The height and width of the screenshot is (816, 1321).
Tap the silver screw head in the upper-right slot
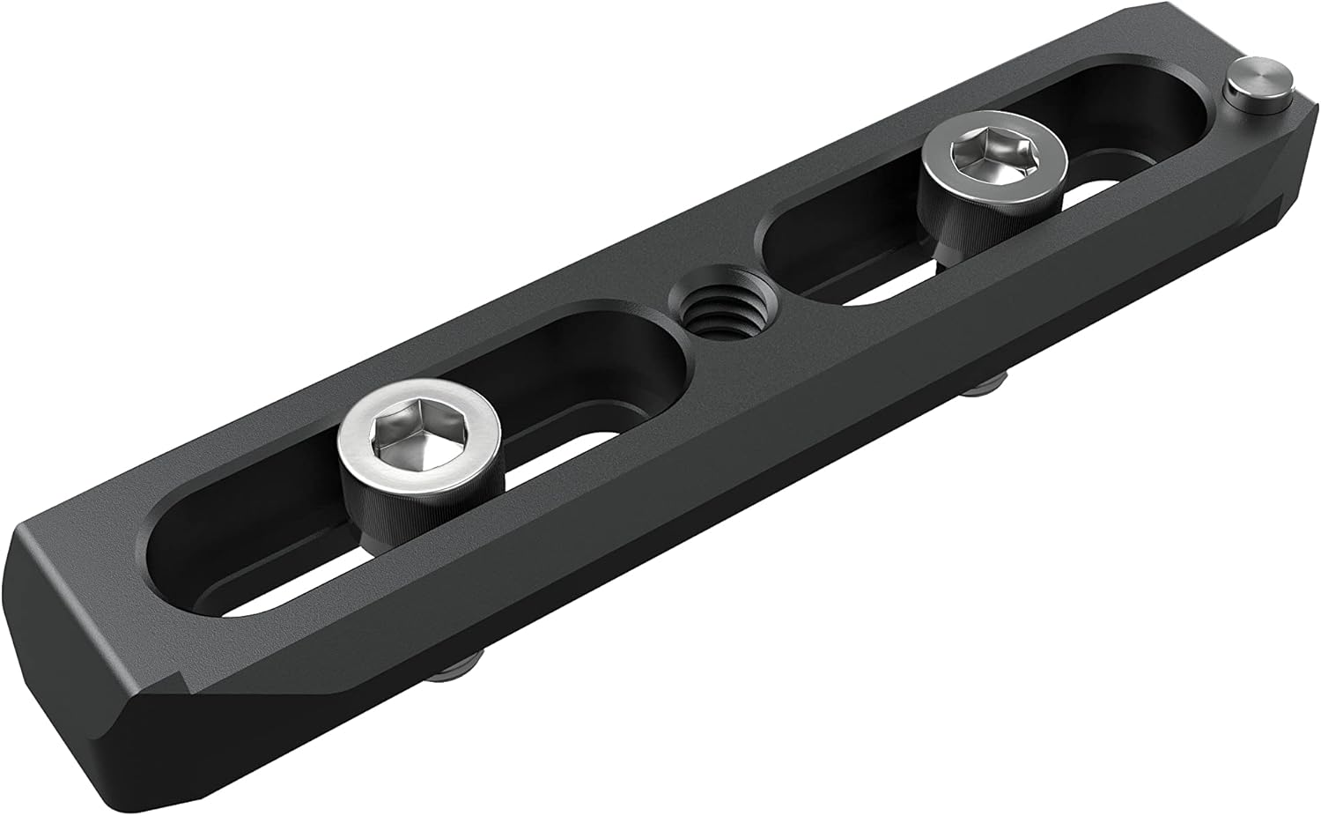[x=994, y=159]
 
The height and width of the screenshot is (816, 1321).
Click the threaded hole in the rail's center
[x=716, y=310]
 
